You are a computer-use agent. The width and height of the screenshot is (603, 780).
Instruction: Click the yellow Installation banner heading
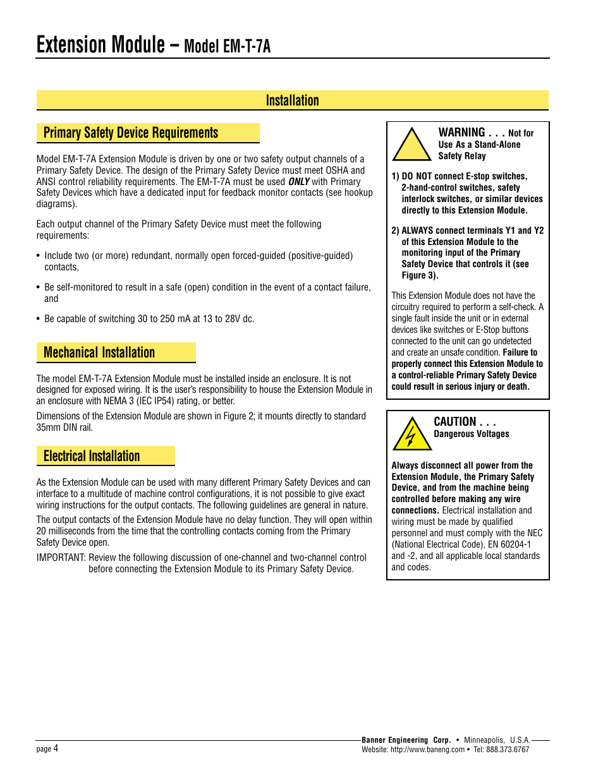[292, 100]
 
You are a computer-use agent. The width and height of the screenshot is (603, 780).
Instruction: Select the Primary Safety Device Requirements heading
[131, 133]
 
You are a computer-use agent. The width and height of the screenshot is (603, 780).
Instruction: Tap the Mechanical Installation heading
[99, 352]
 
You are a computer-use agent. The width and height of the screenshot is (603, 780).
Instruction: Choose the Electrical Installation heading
[92, 456]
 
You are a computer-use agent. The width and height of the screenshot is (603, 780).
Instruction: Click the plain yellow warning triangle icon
[411, 145]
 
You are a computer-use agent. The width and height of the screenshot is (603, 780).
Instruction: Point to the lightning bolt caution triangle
[412, 435]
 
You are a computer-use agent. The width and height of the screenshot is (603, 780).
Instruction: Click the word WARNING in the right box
[462, 133]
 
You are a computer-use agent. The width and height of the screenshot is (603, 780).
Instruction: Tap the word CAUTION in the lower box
[455, 422]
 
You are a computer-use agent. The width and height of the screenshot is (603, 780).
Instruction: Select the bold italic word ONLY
[299, 182]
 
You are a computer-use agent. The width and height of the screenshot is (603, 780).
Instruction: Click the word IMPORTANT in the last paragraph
[61, 558]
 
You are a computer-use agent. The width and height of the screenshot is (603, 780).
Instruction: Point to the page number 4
[56, 748]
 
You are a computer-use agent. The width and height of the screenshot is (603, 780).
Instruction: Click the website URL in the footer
[427, 750]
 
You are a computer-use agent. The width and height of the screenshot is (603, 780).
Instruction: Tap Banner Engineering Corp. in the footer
[406, 740]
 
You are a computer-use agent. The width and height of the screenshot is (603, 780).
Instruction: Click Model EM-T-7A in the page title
[227, 47]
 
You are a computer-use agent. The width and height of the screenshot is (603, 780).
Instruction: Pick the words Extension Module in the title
[100, 45]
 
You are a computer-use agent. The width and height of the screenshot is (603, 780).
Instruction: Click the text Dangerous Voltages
[472, 434]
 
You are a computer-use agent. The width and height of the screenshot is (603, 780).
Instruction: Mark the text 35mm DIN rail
[64, 428]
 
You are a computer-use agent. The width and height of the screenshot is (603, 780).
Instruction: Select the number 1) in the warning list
[395, 176]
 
